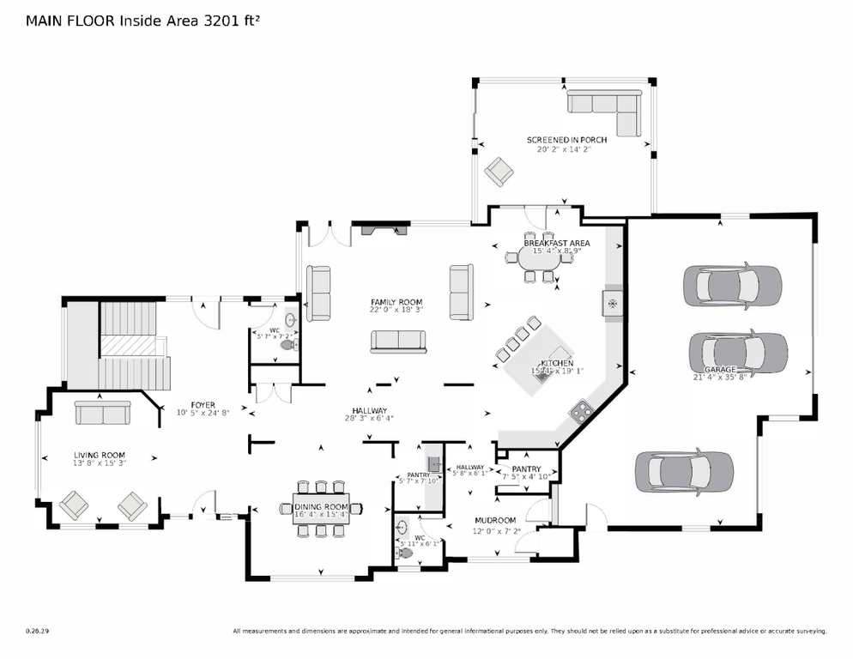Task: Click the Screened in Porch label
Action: [x=566, y=140]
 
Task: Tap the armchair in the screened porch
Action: [x=498, y=172]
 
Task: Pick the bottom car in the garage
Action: [x=684, y=470]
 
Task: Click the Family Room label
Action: [x=396, y=302]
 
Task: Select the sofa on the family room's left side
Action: [x=319, y=293]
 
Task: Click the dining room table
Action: [x=321, y=508]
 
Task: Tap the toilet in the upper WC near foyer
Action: [x=295, y=345]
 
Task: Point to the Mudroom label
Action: [x=495, y=520]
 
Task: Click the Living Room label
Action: [x=99, y=455]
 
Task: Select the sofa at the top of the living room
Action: [x=101, y=413]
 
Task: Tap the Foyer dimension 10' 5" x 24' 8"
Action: [x=203, y=414]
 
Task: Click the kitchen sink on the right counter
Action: [x=612, y=303]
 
